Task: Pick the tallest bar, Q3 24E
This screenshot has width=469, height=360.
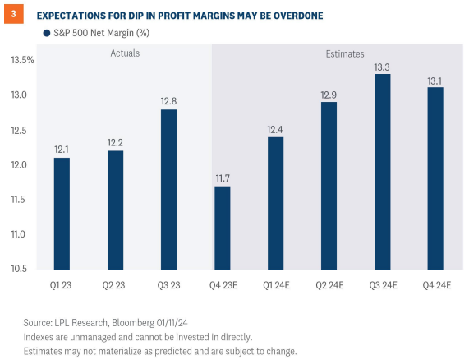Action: (x=382, y=172)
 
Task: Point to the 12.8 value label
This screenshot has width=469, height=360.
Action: (x=168, y=101)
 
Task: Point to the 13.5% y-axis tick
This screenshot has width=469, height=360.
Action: (x=21, y=61)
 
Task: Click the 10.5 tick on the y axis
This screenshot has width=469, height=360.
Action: (x=22, y=269)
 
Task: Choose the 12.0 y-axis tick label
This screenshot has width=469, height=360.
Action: (x=22, y=165)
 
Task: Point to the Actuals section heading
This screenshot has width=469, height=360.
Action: (x=125, y=53)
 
